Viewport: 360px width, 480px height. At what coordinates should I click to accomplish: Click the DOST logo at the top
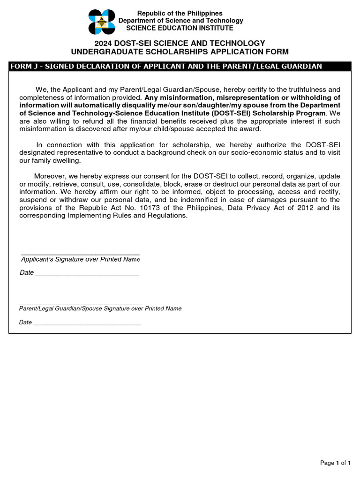pos(102,22)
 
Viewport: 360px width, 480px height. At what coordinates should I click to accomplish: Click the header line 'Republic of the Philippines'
pos(180,13)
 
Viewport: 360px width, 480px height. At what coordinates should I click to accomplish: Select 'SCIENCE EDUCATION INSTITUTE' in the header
pos(180,28)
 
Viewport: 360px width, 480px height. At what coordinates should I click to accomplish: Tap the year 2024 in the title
pos(104,43)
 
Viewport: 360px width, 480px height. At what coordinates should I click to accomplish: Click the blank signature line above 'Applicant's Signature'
pos(80,253)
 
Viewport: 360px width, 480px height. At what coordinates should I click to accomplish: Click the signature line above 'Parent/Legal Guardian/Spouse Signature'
pos(80,304)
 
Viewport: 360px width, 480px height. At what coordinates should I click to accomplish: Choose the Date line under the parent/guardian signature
pos(87,324)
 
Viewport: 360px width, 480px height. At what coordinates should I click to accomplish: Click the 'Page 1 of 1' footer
pos(335,463)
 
